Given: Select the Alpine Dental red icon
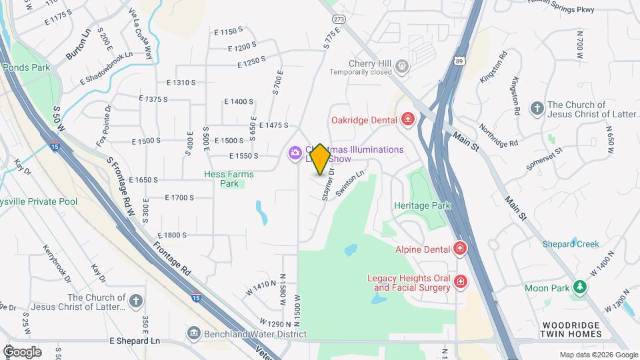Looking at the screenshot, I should click(459, 249).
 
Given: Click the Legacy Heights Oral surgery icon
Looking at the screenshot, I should click(460, 283).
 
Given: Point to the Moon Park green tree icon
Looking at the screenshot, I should click(581, 287).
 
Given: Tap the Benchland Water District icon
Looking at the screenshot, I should click(194, 332).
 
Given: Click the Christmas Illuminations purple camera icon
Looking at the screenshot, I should click(294, 154).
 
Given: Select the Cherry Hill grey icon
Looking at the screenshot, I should click(401, 66).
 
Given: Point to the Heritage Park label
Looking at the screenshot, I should click(422, 206).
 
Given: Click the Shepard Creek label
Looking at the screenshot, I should click(570, 244).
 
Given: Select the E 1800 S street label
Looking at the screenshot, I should click(172, 235).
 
